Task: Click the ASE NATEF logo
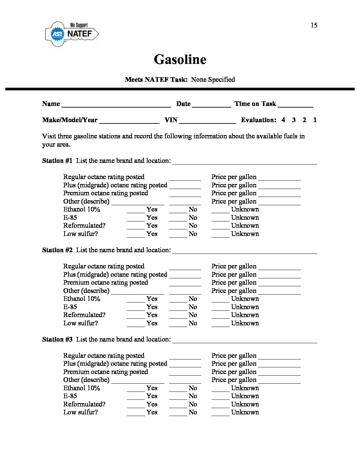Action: pyautogui.click(x=72, y=34)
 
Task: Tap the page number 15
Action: pyautogui.click(x=314, y=25)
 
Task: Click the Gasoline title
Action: pyautogui.click(x=180, y=60)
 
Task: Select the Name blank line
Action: pyautogui.click(x=116, y=105)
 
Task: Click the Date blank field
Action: pyautogui.click(x=211, y=105)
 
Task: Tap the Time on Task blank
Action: pyautogui.click(x=295, y=105)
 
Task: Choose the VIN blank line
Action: pyautogui.click(x=207, y=121)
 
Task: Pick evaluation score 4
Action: pyautogui.click(x=283, y=120)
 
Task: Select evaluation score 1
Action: pyautogui.click(x=315, y=120)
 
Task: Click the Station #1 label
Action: pyautogui.click(x=57, y=161)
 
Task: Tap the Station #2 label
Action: pyautogui.click(x=57, y=250)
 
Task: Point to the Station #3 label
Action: pyautogui.click(x=57, y=340)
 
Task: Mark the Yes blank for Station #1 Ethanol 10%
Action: pyautogui.click(x=136, y=210)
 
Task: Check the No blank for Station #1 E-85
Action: pyautogui.click(x=178, y=219)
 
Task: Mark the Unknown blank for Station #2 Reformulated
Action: pyautogui.click(x=220, y=316)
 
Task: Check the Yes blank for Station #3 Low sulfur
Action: pyautogui.click(x=136, y=413)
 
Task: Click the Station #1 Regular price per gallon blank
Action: pyautogui.click(x=279, y=178)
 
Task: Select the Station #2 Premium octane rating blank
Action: pyautogui.click(x=185, y=284)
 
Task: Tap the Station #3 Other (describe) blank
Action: pyautogui.click(x=138, y=381)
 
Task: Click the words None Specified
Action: pyautogui.click(x=213, y=80)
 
